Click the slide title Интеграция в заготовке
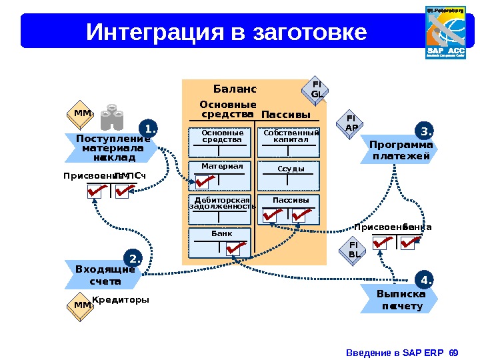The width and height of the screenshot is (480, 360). pyautogui.click(x=227, y=32)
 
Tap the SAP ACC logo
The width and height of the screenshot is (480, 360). pyautogui.click(x=445, y=33)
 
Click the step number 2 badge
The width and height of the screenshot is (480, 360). pyautogui.click(x=134, y=258)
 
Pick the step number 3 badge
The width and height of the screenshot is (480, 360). pyautogui.click(x=425, y=129)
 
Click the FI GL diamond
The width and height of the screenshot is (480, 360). pyautogui.click(x=317, y=90)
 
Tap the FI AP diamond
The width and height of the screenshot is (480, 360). pyautogui.click(x=351, y=123)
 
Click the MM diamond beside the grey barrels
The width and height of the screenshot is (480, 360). pyautogui.click(x=82, y=114)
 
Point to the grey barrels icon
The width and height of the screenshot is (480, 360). pyautogui.click(x=113, y=117)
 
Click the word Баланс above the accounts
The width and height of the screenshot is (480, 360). pyautogui.click(x=235, y=89)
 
